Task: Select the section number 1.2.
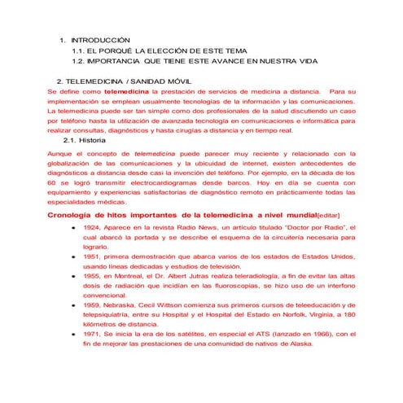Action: tap(80, 60)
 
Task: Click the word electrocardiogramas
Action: tap(147, 183)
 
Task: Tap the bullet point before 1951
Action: tap(75, 256)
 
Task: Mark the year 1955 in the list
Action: tap(92, 275)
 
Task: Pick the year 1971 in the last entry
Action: tap(92, 334)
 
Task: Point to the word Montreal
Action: tap(131, 275)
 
